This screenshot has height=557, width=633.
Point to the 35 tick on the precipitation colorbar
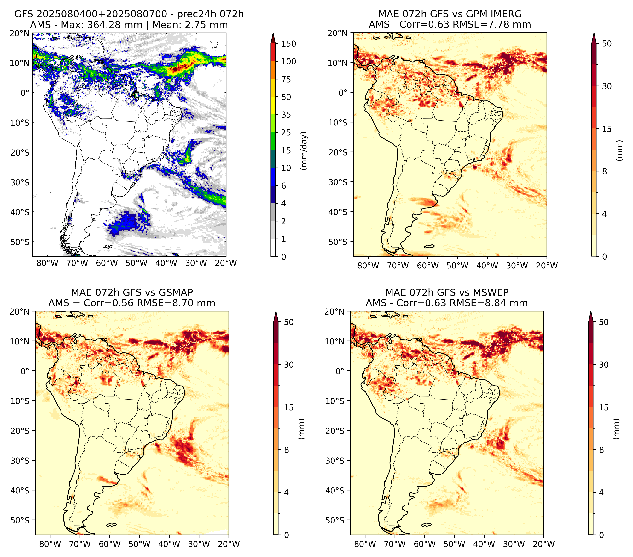tap(286, 115)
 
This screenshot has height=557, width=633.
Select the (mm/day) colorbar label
tap(305, 151)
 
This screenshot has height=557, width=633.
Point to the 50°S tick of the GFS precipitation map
tap(20, 242)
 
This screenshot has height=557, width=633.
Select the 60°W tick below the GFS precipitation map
tap(107, 263)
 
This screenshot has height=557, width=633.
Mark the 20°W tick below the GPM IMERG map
tap(547, 266)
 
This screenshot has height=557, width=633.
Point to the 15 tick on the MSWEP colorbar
tap(604, 407)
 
